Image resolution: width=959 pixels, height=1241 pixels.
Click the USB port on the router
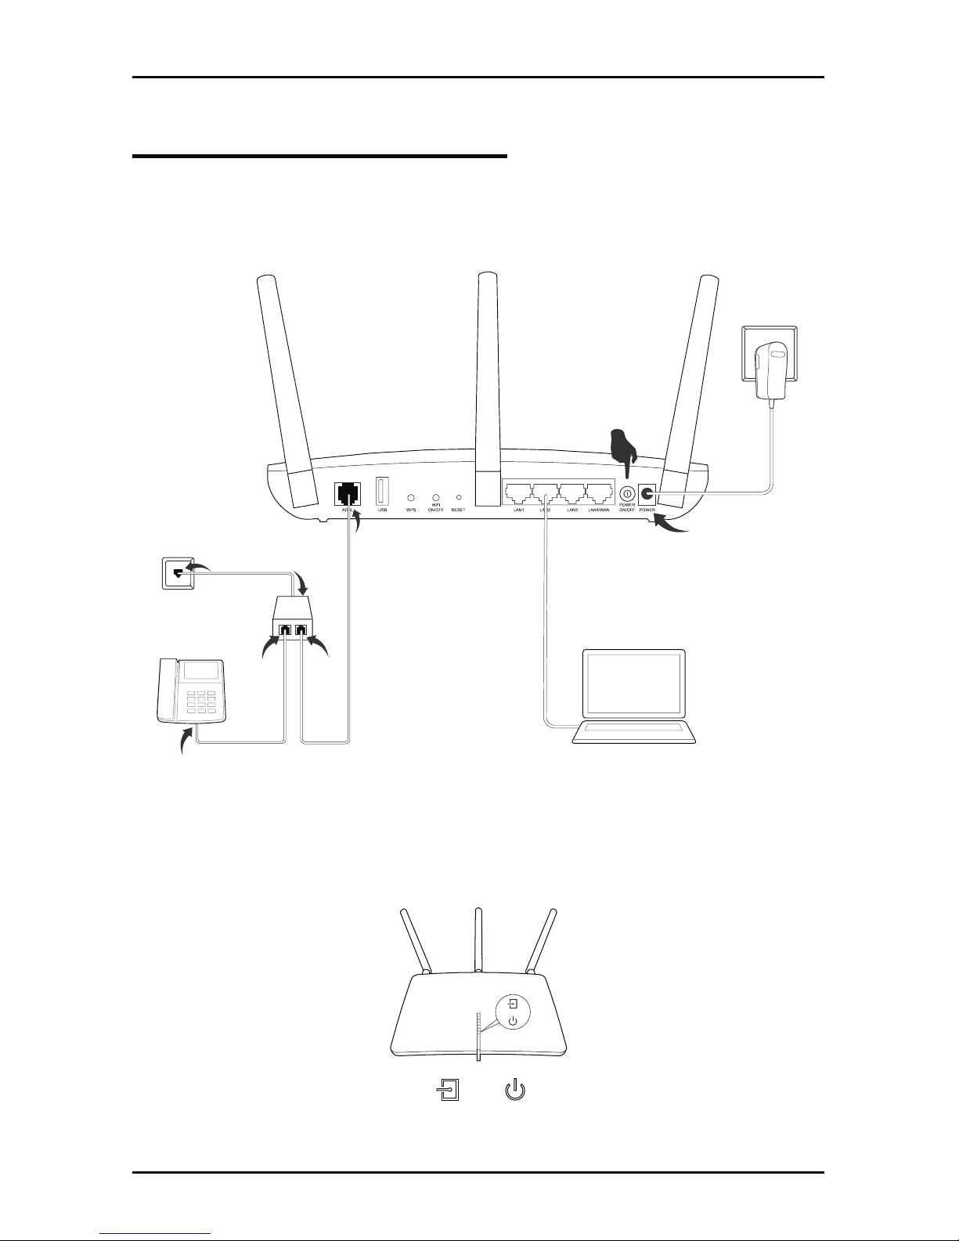click(x=383, y=491)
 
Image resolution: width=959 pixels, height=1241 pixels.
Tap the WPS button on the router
click(x=410, y=497)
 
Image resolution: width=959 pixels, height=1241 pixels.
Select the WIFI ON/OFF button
click(x=435, y=497)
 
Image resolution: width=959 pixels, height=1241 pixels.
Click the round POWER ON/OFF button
click(x=627, y=495)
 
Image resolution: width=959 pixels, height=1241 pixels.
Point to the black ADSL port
click(x=346, y=494)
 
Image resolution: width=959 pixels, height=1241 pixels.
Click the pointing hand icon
click(x=624, y=448)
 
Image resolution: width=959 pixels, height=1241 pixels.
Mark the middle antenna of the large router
click(x=487, y=391)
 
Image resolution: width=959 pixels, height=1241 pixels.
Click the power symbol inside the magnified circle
click(x=512, y=1021)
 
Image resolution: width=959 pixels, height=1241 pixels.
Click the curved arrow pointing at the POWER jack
click(x=672, y=527)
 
